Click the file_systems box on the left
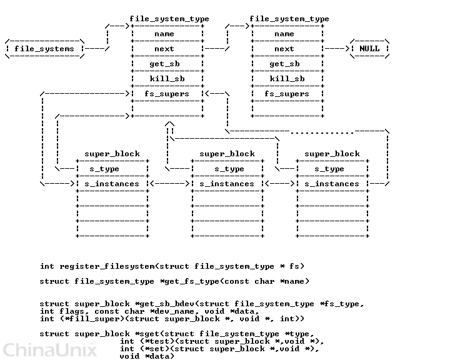click(x=44, y=49)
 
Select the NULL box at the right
click(x=369, y=49)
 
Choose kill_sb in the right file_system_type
click(x=287, y=79)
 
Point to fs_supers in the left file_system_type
click(x=167, y=94)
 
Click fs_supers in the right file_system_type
click(x=287, y=94)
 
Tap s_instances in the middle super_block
click(x=227, y=184)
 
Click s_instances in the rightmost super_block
click(x=332, y=184)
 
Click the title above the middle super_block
click(x=227, y=154)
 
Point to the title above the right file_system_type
click(x=289, y=19)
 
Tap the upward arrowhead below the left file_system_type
click(x=169, y=124)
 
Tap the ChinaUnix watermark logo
click(x=50, y=349)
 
